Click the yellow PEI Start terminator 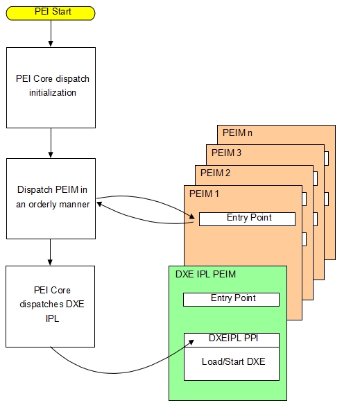51,12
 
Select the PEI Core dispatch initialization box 51,87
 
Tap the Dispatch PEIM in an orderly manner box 51,198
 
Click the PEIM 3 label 226,153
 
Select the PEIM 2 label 215,173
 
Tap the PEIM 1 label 204,194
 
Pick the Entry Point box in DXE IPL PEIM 231,299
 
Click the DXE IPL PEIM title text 205,275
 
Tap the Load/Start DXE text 232,361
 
